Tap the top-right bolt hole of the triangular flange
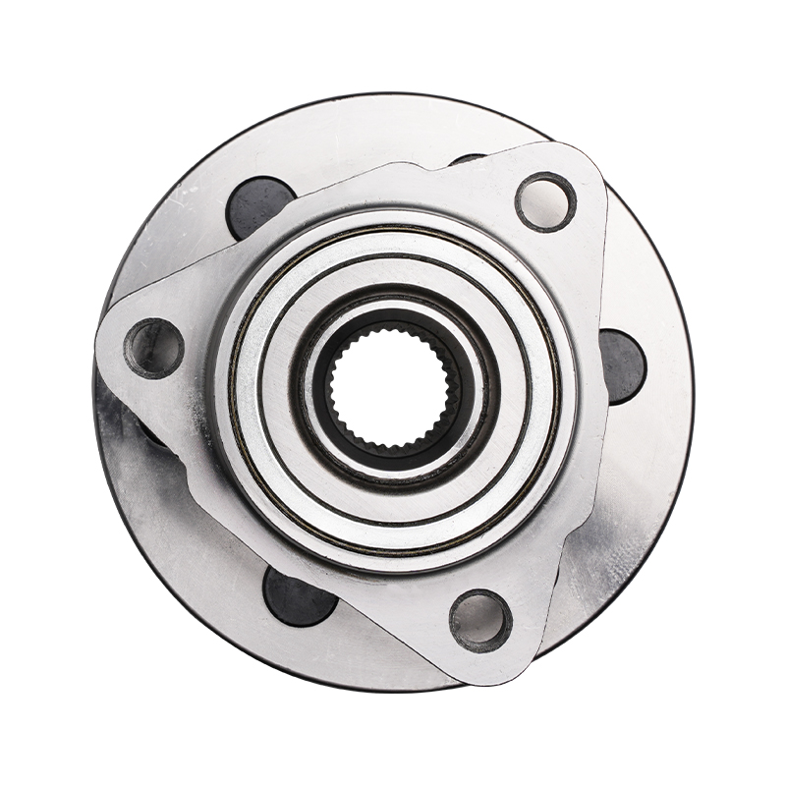click(545, 201)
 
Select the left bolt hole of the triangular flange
click(153, 348)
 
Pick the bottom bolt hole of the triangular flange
click(480, 621)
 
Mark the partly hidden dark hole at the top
click(468, 158)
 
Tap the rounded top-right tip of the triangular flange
click(580, 167)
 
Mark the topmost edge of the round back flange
click(393, 95)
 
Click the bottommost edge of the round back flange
click(393, 691)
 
